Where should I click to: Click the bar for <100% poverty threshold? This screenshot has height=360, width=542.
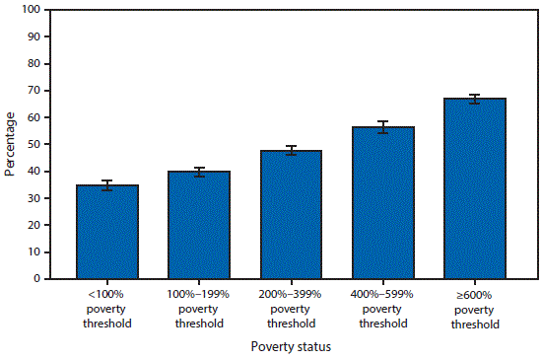pyautogui.click(x=107, y=232)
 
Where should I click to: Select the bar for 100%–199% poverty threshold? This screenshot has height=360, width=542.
pyautogui.click(x=199, y=225)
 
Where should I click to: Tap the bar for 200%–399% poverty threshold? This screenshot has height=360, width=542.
pyautogui.click(x=291, y=214)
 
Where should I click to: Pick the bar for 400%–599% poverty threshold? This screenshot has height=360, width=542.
pyautogui.click(x=382, y=202)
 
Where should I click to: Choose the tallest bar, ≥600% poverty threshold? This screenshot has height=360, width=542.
pyautogui.click(x=474, y=188)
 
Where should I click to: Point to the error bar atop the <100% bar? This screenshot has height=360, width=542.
pyautogui.click(x=107, y=185)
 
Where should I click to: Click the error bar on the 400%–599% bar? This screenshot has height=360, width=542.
pyautogui.click(x=382, y=126)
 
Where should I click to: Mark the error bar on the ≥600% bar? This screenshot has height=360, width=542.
pyautogui.click(x=474, y=99)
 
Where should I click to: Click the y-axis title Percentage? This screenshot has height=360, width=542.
pyautogui.click(x=10, y=144)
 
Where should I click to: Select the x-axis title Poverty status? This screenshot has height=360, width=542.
pyautogui.click(x=290, y=346)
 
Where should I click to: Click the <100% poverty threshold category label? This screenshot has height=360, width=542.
pyautogui.click(x=107, y=309)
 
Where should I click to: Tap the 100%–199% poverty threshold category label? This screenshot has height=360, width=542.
pyautogui.click(x=199, y=309)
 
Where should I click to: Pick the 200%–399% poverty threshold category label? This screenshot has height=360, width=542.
pyautogui.click(x=291, y=309)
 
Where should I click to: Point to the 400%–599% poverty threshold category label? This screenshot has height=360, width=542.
pyautogui.click(x=382, y=309)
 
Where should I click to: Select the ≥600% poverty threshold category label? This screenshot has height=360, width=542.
pyautogui.click(x=474, y=309)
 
